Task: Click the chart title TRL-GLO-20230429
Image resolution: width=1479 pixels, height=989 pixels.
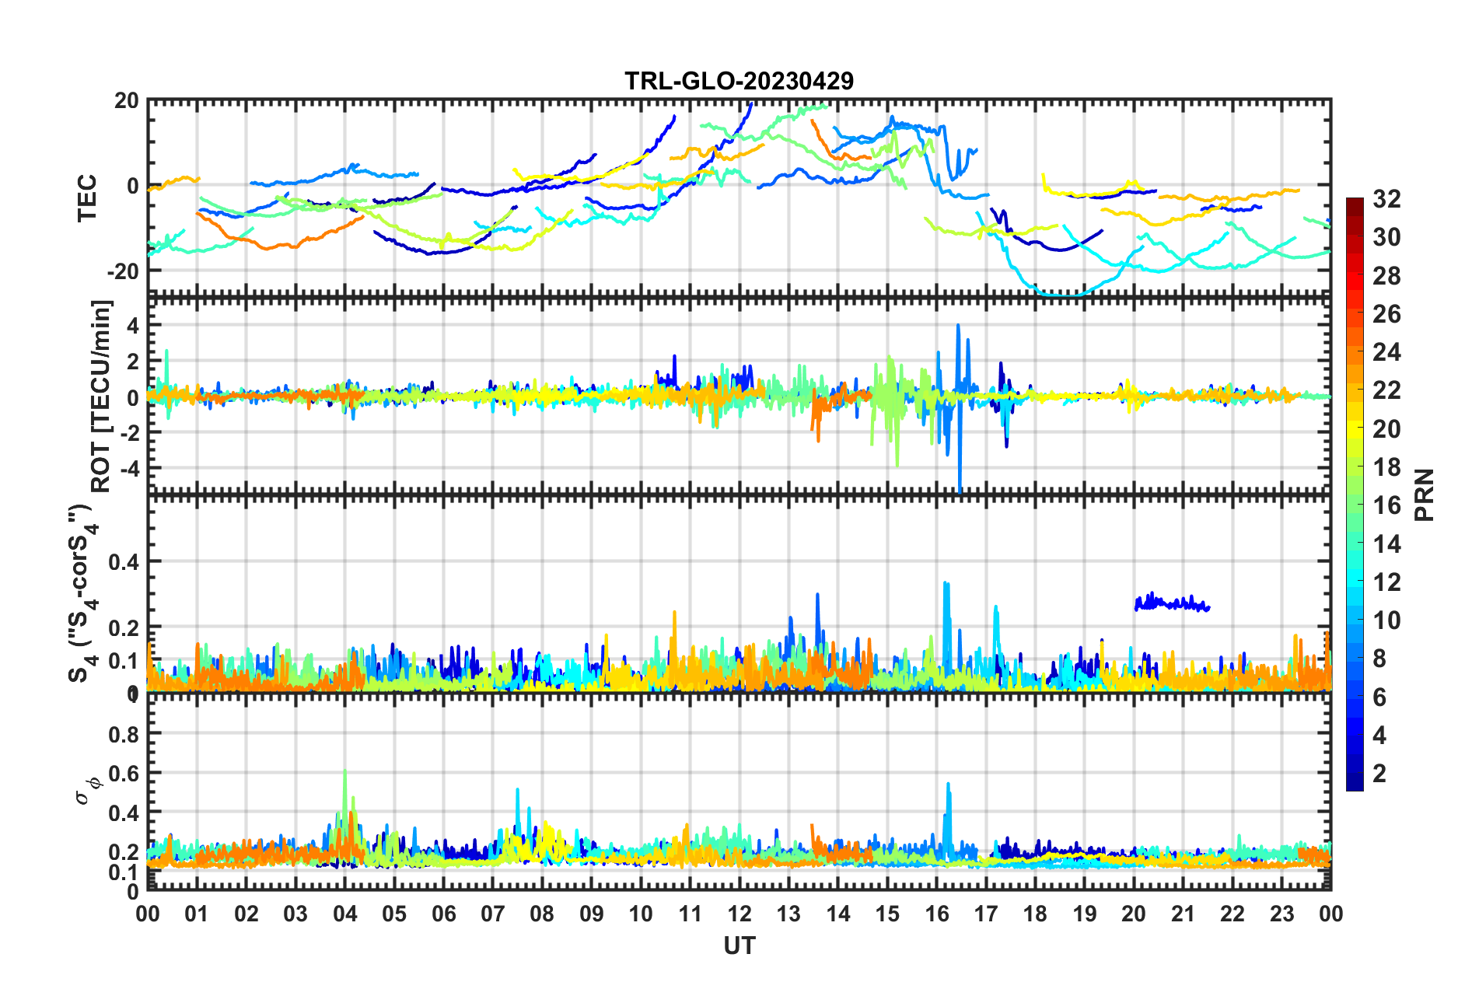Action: pos(739,81)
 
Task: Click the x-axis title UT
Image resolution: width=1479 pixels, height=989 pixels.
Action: pos(739,945)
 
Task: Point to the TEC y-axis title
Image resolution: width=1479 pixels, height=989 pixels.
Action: pos(87,197)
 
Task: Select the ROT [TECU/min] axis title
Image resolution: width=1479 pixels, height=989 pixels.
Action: pos(101,397)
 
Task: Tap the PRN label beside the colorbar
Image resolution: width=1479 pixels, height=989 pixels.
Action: pos(1425,495)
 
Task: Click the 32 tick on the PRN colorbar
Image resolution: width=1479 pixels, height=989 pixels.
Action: pos(1386,199)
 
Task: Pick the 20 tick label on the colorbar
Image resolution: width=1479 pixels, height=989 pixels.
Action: pos(1386,429)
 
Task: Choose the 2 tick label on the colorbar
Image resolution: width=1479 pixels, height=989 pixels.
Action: pos(1379,774)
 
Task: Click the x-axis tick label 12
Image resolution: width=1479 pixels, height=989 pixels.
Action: pos(739,914)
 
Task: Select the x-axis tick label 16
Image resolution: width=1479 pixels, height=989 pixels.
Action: pos(937,914)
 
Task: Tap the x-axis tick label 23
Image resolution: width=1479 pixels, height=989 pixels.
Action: pos(1281,914)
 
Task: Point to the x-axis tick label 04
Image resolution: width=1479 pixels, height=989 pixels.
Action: pos(344,914)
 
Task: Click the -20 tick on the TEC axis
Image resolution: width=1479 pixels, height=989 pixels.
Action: pos(123,271)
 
